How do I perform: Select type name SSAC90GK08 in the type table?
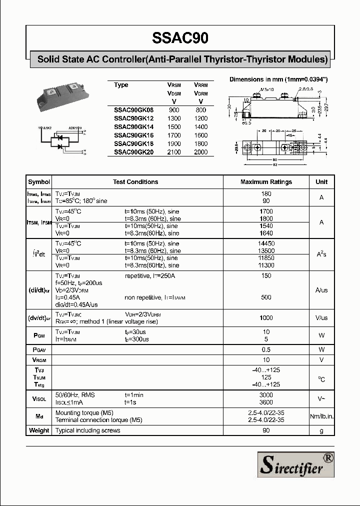[134, 109]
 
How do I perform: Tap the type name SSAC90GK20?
[134, 152]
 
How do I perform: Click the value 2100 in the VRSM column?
[174, 152]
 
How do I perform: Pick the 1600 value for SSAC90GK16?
[201, 135]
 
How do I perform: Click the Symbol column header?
[39, 182]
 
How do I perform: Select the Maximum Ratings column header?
[266, 182]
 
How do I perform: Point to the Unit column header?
[321, 182]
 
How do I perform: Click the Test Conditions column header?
[135, 182]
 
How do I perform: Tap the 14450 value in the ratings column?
[266, 243]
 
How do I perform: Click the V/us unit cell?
[321, 318]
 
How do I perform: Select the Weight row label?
[39, 430]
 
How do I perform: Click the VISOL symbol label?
[39, 398]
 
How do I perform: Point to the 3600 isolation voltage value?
[266, 402]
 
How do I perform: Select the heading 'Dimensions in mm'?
[278, 79]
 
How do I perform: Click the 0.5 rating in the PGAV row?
[266, 349]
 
